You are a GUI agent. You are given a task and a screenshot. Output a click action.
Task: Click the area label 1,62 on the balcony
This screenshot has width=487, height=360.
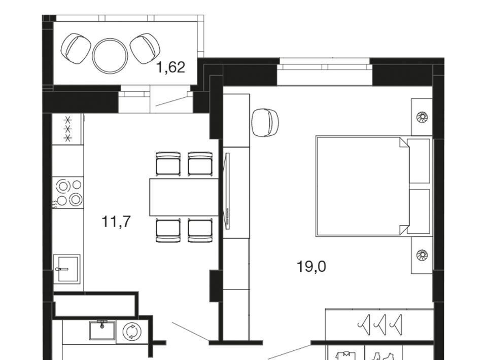[x=171, y=67]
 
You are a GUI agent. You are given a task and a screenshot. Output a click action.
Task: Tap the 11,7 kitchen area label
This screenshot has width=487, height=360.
[x=116, y=222]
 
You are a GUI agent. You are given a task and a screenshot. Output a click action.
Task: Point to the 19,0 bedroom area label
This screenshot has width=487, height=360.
[x=311, y=266]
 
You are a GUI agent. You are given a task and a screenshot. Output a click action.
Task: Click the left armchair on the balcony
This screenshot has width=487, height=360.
[x=76, y=49]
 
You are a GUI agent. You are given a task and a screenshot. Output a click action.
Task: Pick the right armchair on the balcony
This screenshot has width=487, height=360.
[x=145, y=48]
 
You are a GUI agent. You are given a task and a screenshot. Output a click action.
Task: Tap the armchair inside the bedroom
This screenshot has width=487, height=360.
[x=265, y=122]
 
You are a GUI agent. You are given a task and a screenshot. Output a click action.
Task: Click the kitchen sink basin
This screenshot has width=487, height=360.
[x=66, y=268]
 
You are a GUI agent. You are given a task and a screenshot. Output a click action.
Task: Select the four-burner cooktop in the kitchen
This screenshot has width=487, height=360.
[x=67, y=192]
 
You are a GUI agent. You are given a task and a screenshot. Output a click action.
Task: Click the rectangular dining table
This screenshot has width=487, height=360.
[x=185, y=197]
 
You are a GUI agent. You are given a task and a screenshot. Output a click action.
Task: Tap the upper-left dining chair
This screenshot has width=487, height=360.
[x=168, y=164]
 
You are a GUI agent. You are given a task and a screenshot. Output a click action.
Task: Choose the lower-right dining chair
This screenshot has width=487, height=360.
[x=200, y=230]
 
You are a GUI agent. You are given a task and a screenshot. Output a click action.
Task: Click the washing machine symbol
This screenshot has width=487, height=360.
[x=132, y=332]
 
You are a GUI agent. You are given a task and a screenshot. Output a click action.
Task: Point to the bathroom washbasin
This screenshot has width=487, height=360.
[x=102, y=330]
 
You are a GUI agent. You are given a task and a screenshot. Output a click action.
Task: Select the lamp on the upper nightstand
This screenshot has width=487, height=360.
[x=422, y=117]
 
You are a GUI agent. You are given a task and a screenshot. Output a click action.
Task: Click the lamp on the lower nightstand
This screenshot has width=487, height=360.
[x=422, y=255]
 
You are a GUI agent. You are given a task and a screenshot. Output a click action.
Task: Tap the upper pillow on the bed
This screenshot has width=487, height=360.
[x=419, y=161]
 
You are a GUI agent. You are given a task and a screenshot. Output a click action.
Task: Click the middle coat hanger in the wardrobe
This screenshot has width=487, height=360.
[x=381, y=325]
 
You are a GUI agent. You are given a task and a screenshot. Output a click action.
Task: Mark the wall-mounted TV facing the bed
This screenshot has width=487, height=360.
[x=228, y=191]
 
